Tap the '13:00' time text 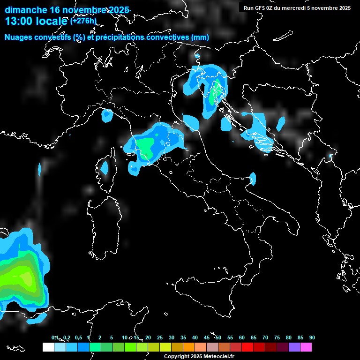[x=18, y=21]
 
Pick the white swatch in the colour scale [x=48, y=347]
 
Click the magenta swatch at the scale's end [x=306, y=347]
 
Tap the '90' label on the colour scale [x=312, y=338]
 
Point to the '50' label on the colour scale [x=218, y=338]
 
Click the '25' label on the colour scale [x=159, y=338]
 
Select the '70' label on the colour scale [x=265, y=338]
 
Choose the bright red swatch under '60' [x=247, y=347]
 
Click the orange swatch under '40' [x=189, y=347]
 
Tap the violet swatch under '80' [x=294, y=347]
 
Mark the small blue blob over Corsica [x=104, y=167]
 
